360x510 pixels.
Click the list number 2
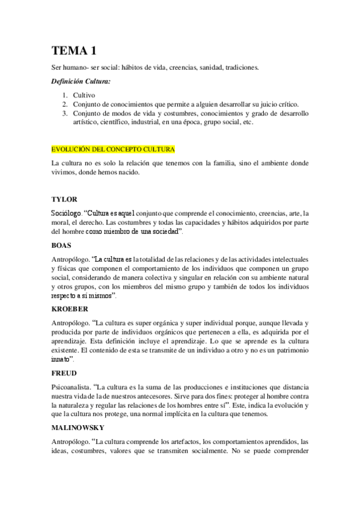pos(65,104)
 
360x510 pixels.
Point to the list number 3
pos(65,113)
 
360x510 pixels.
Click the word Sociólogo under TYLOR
pos(67,212)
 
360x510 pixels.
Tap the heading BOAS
pos(63,245)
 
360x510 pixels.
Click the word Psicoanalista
pos(72,387)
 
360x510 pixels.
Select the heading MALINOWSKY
pos(79,427)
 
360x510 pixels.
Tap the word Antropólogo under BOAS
pos(70,260)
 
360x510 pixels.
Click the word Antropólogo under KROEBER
pos(70,323)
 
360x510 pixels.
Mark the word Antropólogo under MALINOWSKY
pos(70,442)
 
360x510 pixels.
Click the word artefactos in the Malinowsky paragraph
pos(194,442)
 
